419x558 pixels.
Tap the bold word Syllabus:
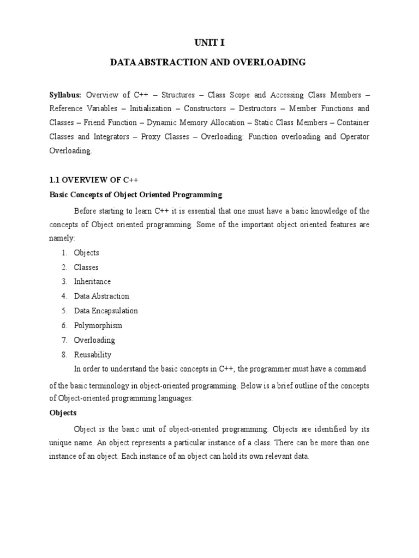[x=65, y=94]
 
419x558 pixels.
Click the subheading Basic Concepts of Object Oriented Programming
[x=136, y=194]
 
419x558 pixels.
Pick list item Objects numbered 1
[x=87, y=253]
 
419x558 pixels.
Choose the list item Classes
[x=86, y=267]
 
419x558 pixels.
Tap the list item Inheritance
[x=93, y=282]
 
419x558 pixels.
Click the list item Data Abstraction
[x=101, y=296]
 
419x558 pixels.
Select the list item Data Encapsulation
[x=106, y=311]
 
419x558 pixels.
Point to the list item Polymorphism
[x=98, y=325]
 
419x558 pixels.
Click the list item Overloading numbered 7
[x=95, y=340]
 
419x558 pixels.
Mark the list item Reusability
[x=93, y=355]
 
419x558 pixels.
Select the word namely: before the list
[x=63, y=238]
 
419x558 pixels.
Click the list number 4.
[x=64, y=296]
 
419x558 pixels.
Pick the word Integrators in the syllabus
[x=110, y=137]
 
